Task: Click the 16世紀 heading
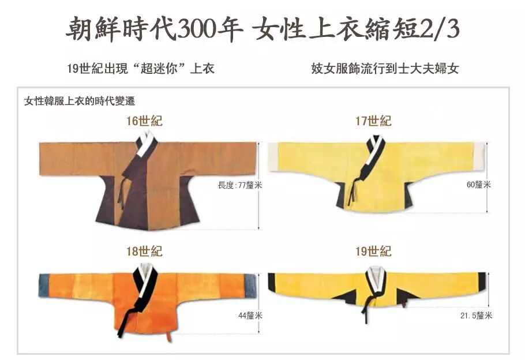point(144,121)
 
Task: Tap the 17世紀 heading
point(373,121)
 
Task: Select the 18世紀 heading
point(144,251)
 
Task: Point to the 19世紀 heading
point(373,251)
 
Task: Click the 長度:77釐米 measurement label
point(240,185)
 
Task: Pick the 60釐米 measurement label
point(479,184)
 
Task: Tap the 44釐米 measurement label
point(250,316)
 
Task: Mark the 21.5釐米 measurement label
point(477,316)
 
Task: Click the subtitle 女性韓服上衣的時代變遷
point(80,101)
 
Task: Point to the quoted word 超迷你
point(159,69)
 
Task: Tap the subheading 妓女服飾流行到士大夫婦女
point(385,69)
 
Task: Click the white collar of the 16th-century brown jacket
point(145,142)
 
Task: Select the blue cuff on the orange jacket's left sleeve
point(44,286)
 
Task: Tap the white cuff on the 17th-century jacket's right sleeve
point(479,155)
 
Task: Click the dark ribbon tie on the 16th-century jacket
point(121,193)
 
